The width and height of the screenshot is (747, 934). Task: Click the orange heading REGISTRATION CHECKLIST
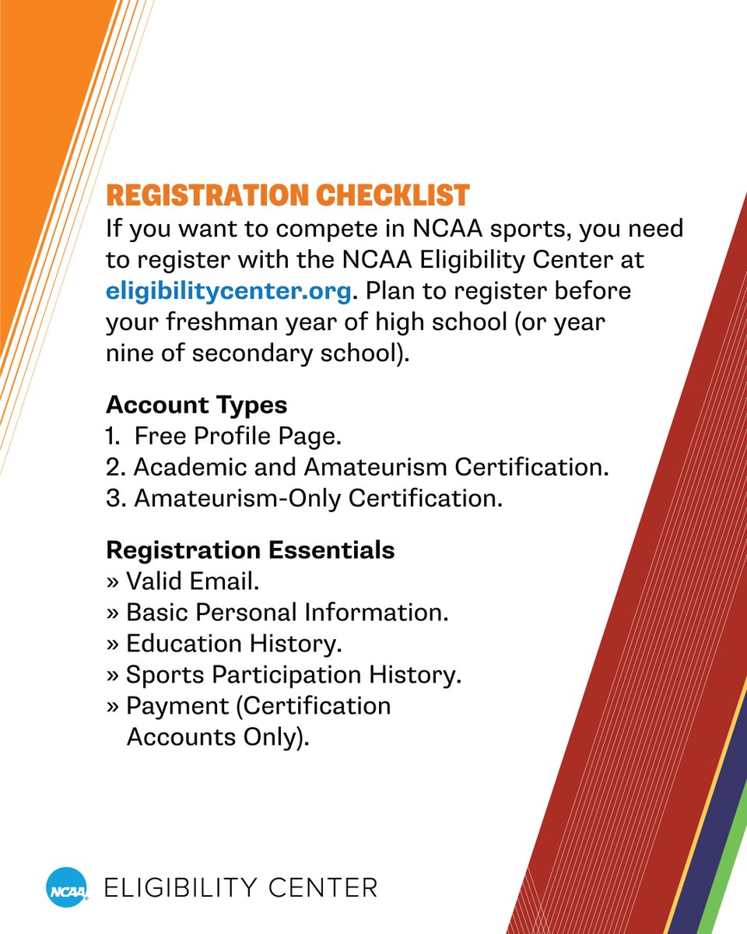287,195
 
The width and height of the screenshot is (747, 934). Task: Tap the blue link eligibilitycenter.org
230,292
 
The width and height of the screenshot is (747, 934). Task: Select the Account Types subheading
196,405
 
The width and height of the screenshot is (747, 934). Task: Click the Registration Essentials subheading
250,550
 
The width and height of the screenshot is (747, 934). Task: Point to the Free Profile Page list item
237,437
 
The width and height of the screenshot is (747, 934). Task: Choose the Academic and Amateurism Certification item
370,467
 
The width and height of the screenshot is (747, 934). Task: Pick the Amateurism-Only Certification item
317,498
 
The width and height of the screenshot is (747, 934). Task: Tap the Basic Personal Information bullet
286,613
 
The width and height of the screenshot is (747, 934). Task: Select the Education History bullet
233,644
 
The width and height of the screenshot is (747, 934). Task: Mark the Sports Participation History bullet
293,675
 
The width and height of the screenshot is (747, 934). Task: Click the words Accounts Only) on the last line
217,737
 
